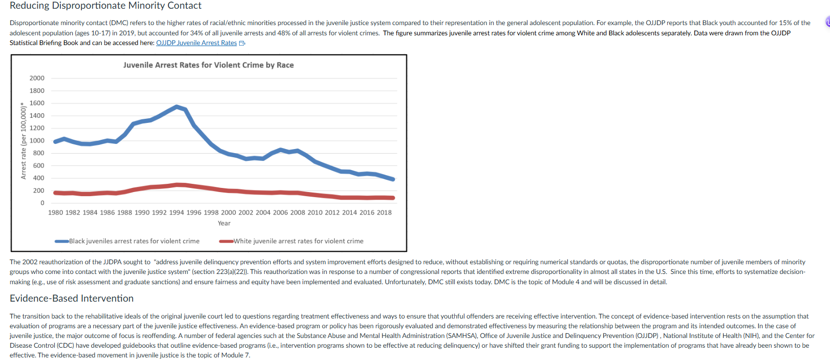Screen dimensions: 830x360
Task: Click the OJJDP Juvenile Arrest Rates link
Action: (x=197, y=43)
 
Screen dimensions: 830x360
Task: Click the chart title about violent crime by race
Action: (x=208, y=65)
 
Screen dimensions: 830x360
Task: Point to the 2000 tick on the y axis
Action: (x=37, y=78)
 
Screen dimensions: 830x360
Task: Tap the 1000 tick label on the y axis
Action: (x=37, y=140)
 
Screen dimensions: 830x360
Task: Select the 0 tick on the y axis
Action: (x=42, y=203)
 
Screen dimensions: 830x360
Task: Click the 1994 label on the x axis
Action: (x=176, y=213)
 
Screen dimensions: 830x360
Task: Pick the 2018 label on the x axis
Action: (x=384, y=213)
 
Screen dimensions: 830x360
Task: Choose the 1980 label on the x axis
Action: (x=55, y=213)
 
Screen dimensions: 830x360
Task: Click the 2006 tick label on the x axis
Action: (x=280, y=213)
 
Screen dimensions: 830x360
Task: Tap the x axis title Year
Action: (x=224, y=223)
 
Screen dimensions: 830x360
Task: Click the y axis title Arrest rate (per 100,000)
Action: (x=24, y=141)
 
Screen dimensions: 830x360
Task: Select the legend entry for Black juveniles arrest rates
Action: (x=127, y=241)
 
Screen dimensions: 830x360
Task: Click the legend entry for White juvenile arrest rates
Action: (x=291, y=241)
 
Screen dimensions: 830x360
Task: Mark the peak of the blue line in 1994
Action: (x=177, y=107)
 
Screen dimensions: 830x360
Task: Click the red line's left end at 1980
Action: (x=55, y=193)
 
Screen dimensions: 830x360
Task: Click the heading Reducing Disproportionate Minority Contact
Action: (x=105, y=6)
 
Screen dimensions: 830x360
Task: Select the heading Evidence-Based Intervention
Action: (x=72, y=298)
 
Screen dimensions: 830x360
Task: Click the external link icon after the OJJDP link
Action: (x=242, y=43)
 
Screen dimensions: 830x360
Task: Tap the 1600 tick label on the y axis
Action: (x=37, y=103)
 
